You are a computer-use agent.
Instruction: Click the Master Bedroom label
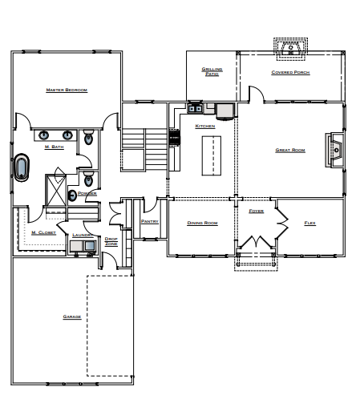(67, 91)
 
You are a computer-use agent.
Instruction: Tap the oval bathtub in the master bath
(21, 167)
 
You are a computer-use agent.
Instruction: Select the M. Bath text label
(54, 147)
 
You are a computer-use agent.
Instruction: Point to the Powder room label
(87, 193)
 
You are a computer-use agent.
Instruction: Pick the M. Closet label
(43, 232)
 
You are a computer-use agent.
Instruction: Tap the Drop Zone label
(111, 240)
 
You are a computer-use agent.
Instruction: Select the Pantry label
(148, 221)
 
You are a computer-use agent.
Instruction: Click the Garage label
(71, 316)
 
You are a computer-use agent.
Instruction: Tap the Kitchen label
(205, 126)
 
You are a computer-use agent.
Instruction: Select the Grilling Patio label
(212, 71)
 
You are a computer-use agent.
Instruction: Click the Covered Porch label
(290, 72)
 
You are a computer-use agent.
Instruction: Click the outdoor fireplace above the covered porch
(288, 48)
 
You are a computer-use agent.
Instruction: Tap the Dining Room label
(202, 222)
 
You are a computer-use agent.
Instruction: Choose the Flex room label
(310, 222)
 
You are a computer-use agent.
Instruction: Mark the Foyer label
(256, 211)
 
